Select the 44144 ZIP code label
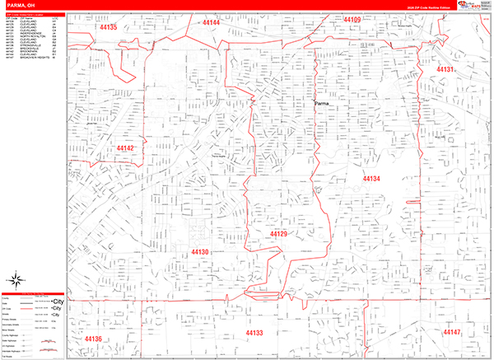coord(211,22)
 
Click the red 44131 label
coord(445,69)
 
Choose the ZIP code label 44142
coord(124,148)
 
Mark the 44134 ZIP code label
coord(370,178)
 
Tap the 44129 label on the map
coord(279,234)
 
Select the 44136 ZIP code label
coord(92,339)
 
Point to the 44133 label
coord(254,333)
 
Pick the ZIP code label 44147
coord(452,332)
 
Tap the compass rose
coord(15,278)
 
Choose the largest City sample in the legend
coord(57,302)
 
